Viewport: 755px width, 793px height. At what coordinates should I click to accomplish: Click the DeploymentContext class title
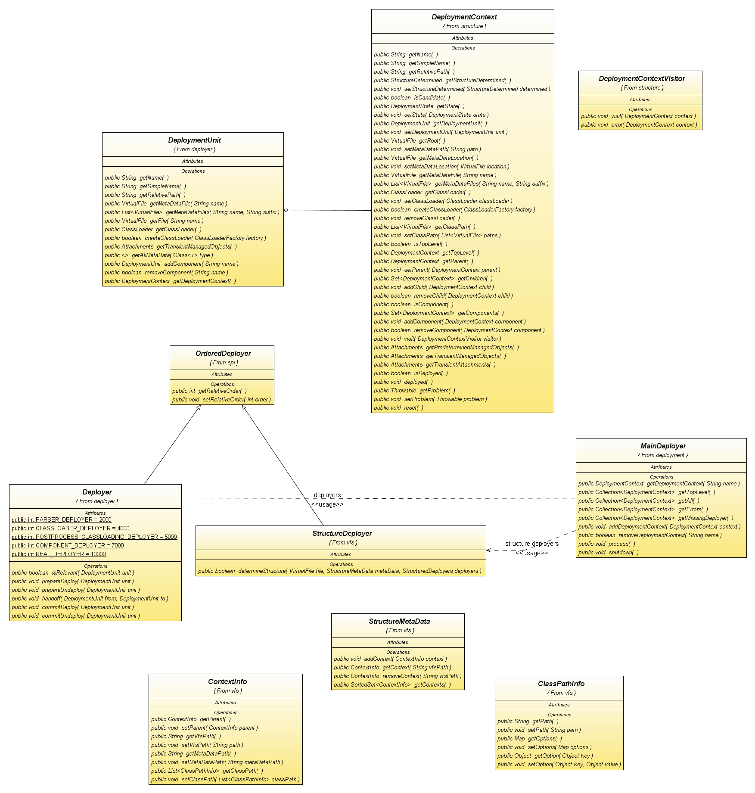(464, 17)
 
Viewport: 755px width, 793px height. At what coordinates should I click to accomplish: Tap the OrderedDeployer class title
(223, 354)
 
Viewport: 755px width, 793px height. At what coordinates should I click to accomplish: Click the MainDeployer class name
(663, 446)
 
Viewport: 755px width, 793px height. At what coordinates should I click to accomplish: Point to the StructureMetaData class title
(399, 621)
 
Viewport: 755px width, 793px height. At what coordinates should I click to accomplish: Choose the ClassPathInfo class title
(561, 684)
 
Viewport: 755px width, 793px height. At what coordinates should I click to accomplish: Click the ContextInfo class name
(227, 681)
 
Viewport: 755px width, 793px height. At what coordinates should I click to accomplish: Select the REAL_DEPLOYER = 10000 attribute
(59, 554)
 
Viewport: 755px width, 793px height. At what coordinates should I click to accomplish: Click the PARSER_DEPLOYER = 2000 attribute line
(62, 519)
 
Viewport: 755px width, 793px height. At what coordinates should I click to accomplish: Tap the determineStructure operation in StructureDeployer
(339, 571)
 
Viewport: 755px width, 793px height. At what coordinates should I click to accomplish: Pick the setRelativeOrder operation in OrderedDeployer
(221, 399)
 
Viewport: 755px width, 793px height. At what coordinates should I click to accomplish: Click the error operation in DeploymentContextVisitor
(639, 125)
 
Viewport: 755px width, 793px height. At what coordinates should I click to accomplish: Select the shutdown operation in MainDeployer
(608, 552)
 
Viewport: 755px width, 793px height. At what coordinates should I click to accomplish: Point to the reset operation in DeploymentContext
(398, 407)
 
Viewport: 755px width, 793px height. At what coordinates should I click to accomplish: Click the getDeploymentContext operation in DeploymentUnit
(170, 281)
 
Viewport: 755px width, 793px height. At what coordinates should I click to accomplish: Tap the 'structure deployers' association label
(531, 544)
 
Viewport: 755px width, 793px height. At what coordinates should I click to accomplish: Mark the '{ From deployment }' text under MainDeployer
(663, 455)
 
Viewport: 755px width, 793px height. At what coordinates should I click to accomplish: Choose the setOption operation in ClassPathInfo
(559, 764)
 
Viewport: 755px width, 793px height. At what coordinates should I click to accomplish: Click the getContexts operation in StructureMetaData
(392, 684)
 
